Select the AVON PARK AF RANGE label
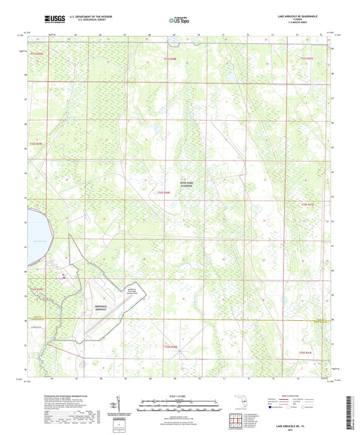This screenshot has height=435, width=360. point(182,182)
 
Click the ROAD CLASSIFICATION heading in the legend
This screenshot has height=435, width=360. point(297,396)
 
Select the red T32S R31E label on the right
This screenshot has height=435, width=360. point(307,203)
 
